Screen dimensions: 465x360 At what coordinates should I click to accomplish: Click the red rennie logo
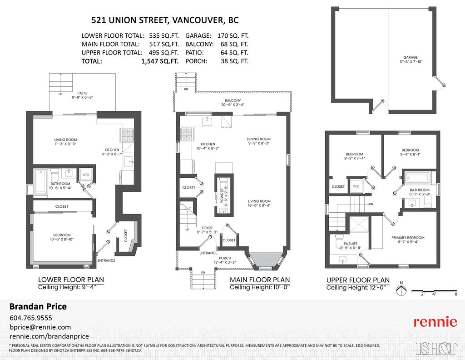(x=435, y=322)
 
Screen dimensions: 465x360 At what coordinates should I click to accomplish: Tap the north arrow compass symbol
(x=401, y=290)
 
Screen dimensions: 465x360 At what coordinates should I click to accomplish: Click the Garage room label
(x=411, y=60)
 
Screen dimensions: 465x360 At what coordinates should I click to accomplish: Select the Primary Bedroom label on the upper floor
(x=408, y=240)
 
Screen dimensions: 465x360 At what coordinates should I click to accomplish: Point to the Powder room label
(x=223, y=195)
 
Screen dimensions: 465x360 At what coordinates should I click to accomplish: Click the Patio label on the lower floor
(x=82, y=95)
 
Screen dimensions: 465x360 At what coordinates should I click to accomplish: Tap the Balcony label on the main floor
(x=232, y=102)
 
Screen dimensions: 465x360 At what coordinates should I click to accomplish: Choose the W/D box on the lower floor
(x=86, y=175)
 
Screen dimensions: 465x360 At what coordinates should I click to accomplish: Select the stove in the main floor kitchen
(x=187, y=134)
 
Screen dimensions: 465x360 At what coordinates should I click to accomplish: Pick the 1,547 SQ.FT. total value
(x=160, y=61)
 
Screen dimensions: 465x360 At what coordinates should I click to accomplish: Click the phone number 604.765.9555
(x=31, y=318)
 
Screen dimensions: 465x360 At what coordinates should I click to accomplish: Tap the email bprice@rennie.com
(x=40, y=327)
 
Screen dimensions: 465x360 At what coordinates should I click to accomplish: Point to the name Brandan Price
(x=38, y=306)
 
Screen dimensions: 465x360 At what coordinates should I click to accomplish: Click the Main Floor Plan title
(x=260, y=280)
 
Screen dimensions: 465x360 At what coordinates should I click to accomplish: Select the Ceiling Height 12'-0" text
(x=356, y=288)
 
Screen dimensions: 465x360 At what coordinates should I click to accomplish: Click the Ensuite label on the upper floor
(x=351, y=246)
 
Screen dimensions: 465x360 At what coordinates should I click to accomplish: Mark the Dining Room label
(x=258, y=140)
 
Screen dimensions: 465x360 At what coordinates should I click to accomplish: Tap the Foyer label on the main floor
(x=207, y=230)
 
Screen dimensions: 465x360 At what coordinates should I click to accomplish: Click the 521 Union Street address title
(x=165, y=20)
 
